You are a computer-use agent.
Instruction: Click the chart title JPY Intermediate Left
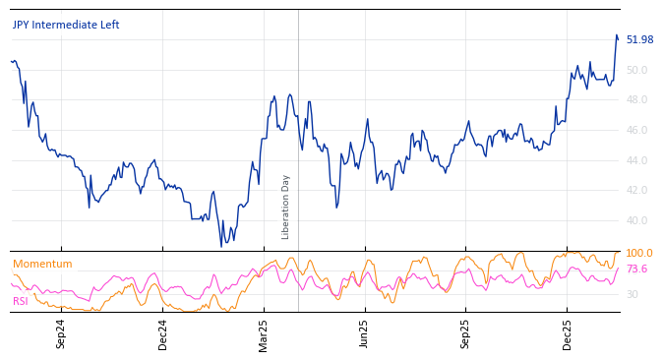[66, 25]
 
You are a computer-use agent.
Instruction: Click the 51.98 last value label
[639, 39]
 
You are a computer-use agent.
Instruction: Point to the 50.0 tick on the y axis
[637, 70]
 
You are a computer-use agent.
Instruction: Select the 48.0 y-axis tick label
[637, 100]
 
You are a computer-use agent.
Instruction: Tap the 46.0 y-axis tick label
[637, 130]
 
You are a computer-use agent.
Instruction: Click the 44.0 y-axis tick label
[637, 160]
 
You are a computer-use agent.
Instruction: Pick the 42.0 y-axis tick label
[637, 191]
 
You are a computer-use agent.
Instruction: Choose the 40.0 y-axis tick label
[637, 220]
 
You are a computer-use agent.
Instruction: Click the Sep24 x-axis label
[61, 333]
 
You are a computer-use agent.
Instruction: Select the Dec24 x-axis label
[163, 333]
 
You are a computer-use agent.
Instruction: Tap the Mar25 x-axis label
[264, 333]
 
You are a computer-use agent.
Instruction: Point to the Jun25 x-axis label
[365, 333]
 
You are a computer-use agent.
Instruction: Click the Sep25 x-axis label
[466, 333]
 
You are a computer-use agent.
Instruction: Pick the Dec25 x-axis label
[568, 333]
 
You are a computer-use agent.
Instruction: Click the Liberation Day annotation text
[286, 207]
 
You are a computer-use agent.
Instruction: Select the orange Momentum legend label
[42, 264]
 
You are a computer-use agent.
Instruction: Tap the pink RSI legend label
[21, 301]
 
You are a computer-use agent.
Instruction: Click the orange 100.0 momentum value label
[639, 254]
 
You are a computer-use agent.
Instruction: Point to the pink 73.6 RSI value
[636, 269]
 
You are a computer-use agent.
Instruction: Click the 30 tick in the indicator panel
[632, 294]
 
